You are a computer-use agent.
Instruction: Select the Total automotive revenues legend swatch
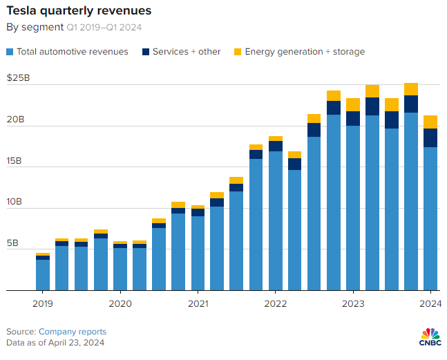pyautogui.click(x=10, y=52)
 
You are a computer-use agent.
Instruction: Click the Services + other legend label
pyautogui.click(x=187, y=52)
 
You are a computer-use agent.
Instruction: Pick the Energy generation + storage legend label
pyautogui.click(x=305, y=52)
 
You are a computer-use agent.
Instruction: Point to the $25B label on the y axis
pyautogui.click(x=18, y=78)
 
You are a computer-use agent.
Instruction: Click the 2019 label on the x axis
pyautogui.click(x=43, y=303)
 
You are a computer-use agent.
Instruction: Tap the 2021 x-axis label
pyautogui.click(x=198, y=303)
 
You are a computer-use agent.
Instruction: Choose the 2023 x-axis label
pyautogui.click(x=353, y=303)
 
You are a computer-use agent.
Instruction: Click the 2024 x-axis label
pyautogui.click(x=430, y=303)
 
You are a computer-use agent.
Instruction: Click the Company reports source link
pyautogui.click(x=73, y=332)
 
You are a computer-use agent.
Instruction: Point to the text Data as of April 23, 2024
pyautogui.click(x=55, y=343)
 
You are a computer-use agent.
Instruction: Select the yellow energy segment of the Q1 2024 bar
pyautogui.click(x=430, y=122)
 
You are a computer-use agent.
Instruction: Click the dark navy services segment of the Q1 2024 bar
pyautogui.click(x=430, y=138)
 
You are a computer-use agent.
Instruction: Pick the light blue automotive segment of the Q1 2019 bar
pyautogui.click(x=43, y=274)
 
